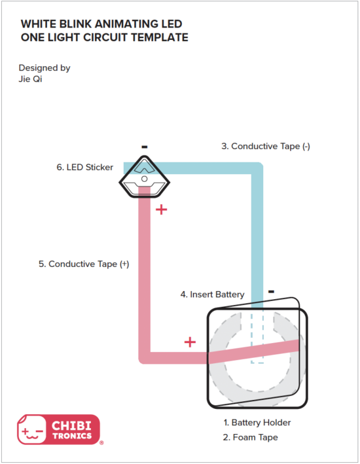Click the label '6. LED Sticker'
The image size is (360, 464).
pyautogui.click(x=84, y=168)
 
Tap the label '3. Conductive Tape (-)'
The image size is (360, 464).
pyautogui.click(x=265, y=147)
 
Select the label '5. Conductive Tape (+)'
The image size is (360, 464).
pyautogui.click(x=84, y=264)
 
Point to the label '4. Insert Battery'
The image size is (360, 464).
pyautogui.click(x=212, y=294)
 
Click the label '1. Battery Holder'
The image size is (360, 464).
pyautogui.click(x=257, y=423)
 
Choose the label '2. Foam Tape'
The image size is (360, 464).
pyautogui.click(x=251, y=437)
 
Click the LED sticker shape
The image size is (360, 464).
pyautogui.click(x=144, y=175)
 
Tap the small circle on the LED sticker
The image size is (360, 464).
pyautogui.click(x=144, y=178)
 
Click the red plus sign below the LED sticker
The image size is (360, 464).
pyautogui.click(x=161, y=210)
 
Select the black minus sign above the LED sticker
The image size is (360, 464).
pyautogui.click(x=144, y=147)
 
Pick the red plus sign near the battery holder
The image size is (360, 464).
pyautogui.click(x=190, y=342)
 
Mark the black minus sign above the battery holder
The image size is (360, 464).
pyautogui.click(x=270, y=291)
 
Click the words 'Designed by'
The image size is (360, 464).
pyautogui.click(x=45, y=67)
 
